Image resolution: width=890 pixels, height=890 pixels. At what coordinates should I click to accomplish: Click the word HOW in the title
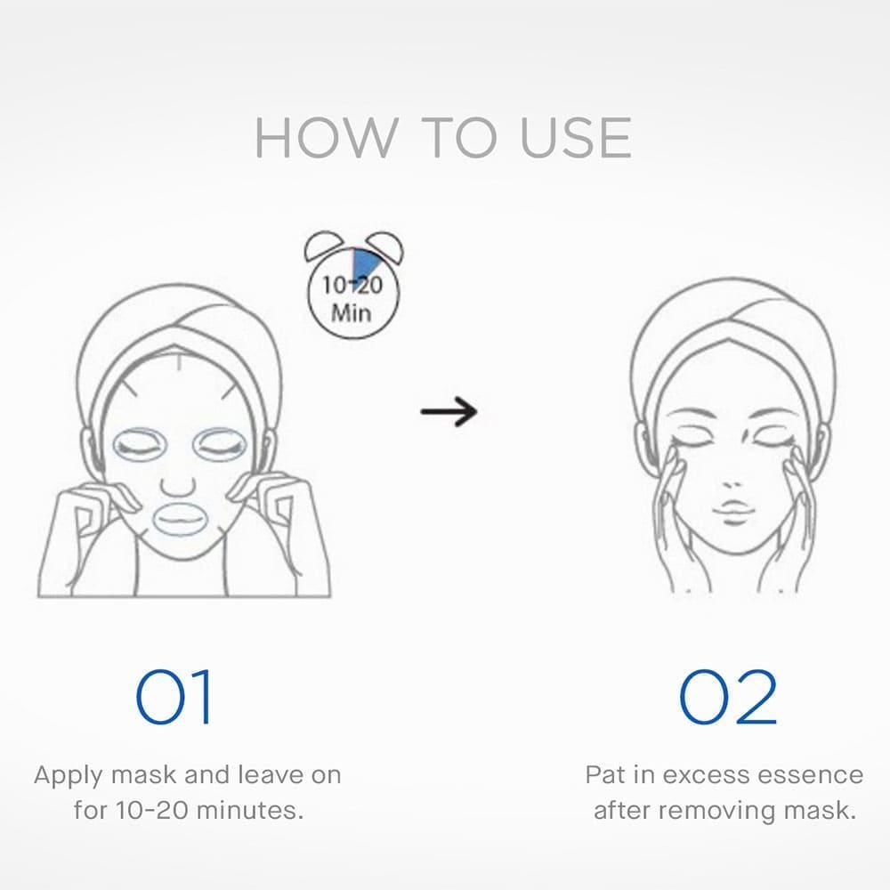pos(325,137)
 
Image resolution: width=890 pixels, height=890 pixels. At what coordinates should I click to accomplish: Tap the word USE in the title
pos(575,137)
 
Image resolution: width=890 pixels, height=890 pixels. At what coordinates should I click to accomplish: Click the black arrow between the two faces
pos(449,411)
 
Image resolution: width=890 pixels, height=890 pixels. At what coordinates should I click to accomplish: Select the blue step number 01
pos(174,697)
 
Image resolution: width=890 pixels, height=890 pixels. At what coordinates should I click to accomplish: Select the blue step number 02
pos(728,697)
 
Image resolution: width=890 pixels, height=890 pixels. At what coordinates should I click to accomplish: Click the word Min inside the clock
pos(352,312)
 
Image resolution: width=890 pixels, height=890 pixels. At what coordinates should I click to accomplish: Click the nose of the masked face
pos(179,487)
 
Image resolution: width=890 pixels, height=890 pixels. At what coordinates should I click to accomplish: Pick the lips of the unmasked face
pos(732,506)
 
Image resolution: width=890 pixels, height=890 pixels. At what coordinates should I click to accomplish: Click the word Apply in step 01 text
pos(69,776)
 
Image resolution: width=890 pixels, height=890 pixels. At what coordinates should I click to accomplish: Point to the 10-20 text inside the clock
pos(352,285)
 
